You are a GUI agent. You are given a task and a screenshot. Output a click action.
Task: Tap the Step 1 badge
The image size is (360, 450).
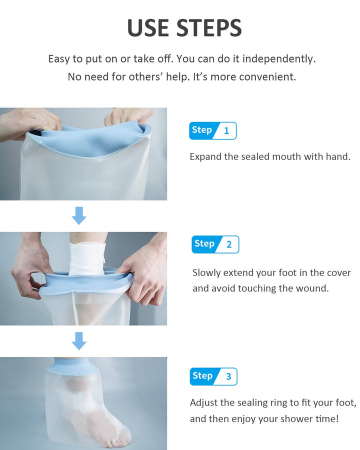pyautogui.click(x=212, y=130)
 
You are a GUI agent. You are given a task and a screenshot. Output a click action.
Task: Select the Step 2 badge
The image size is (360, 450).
pyautogui.click(x=215, y=244)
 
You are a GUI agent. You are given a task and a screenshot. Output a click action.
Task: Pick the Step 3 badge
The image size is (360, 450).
pyautogui.click(x=213, y=376)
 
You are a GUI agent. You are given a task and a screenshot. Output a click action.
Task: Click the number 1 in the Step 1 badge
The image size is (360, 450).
pyautogui.click(x=226, y=131)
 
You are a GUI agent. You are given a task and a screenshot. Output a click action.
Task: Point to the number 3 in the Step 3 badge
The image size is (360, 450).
pyautogui.click(x=228, y=376)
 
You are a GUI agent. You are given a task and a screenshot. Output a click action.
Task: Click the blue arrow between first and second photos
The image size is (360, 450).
pyautogui.click(x=79, y=216)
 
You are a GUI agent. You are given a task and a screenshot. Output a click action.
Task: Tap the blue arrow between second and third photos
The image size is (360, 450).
pyautogui.click(x=79, y=341)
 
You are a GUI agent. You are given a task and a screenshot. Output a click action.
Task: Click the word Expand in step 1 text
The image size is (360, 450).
pyautogui.click(x=205, y=157)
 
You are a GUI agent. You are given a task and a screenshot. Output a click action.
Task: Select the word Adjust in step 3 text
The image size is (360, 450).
pyautogui.click(x=203, y=402)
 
